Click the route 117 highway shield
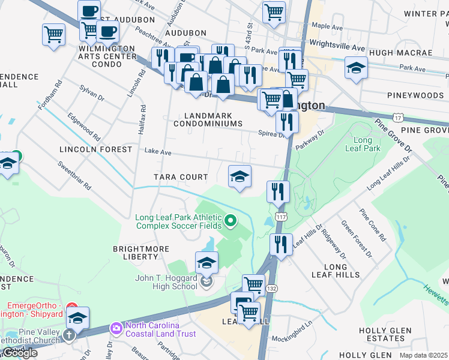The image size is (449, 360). [280, 215]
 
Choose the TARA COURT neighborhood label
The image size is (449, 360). [181, 177]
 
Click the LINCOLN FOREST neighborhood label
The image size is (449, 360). [95, 149]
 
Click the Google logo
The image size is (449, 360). [19, 353]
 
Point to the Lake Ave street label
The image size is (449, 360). [159, 154]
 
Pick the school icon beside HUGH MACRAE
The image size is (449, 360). [356, 68]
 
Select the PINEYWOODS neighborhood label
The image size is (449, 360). [415, 95]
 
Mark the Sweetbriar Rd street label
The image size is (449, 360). [74, 175]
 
